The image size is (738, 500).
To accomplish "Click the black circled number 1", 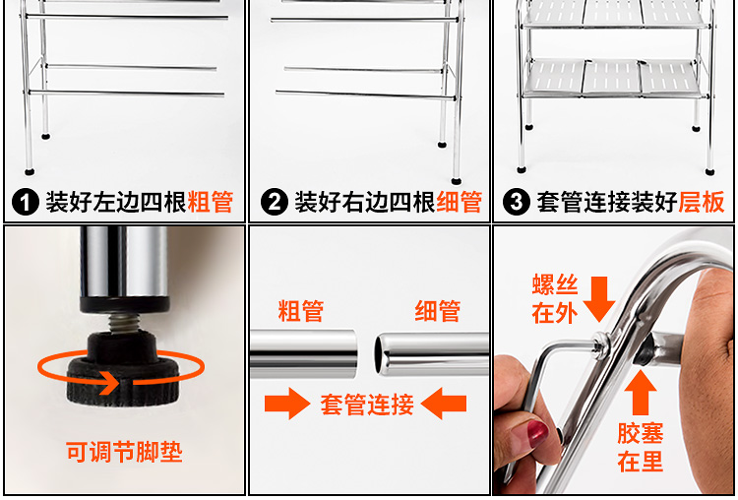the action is click(26, 202).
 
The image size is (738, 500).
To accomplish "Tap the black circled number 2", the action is click(275, 202).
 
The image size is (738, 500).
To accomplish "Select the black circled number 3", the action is click(517, 202).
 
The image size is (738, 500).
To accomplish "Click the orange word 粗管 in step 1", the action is click(210, 202).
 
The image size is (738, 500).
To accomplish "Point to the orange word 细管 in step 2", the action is click(459, 202).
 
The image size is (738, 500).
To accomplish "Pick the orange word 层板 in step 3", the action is click(702, 202).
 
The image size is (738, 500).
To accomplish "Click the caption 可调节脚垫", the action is click(124, 452).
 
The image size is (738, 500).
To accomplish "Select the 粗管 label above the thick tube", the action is click(301, 311).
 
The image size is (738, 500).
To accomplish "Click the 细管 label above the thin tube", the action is click(437, 311).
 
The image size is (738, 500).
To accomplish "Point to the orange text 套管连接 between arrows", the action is click(367, 404).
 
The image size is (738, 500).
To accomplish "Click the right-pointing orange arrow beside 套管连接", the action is click(287, 404).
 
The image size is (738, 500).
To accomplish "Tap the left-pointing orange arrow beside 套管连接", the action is click(444, 404).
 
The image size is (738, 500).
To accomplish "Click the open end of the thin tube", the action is click(380, 355).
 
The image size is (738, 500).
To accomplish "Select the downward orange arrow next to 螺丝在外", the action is click(599, 299).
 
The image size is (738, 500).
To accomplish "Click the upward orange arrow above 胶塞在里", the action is click(641, 393).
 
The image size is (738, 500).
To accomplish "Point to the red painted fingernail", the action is click(537, 433).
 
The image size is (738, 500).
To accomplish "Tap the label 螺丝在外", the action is click(555, 298).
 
